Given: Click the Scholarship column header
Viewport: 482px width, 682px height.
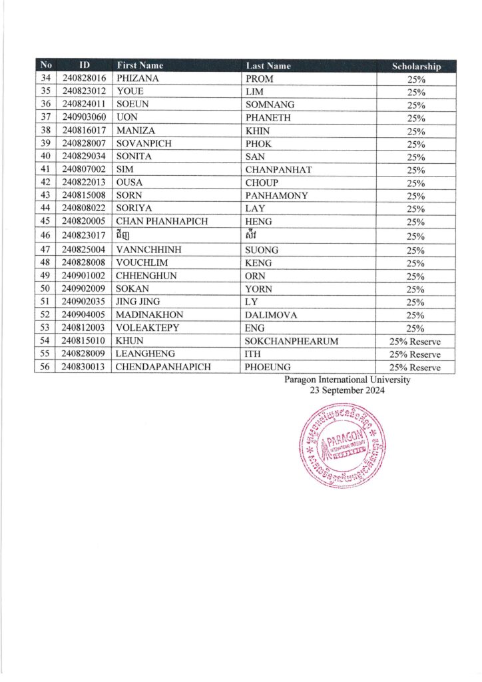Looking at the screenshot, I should pos(416,66).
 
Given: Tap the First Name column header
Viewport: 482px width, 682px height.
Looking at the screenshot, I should pos(140,65).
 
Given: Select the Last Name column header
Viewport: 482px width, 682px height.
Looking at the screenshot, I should pos(268,65).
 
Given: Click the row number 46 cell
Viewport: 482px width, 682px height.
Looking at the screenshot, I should pos(46,236).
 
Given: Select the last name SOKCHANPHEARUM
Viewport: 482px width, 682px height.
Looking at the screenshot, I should pos(292,341).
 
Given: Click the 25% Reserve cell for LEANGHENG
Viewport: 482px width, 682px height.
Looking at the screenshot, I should pos(416,354).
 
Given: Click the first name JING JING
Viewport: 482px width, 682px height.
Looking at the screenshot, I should pos(138,302).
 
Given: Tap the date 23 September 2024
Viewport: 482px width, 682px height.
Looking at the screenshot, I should pos(347,391).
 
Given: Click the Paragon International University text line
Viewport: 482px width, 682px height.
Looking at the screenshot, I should pos(347,380).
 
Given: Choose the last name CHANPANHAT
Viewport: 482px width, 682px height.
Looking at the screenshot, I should pos(278,170).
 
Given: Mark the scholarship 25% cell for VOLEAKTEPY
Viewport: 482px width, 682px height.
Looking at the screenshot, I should pos(416,328).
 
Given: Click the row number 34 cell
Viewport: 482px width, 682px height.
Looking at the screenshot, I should pos(46,79).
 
